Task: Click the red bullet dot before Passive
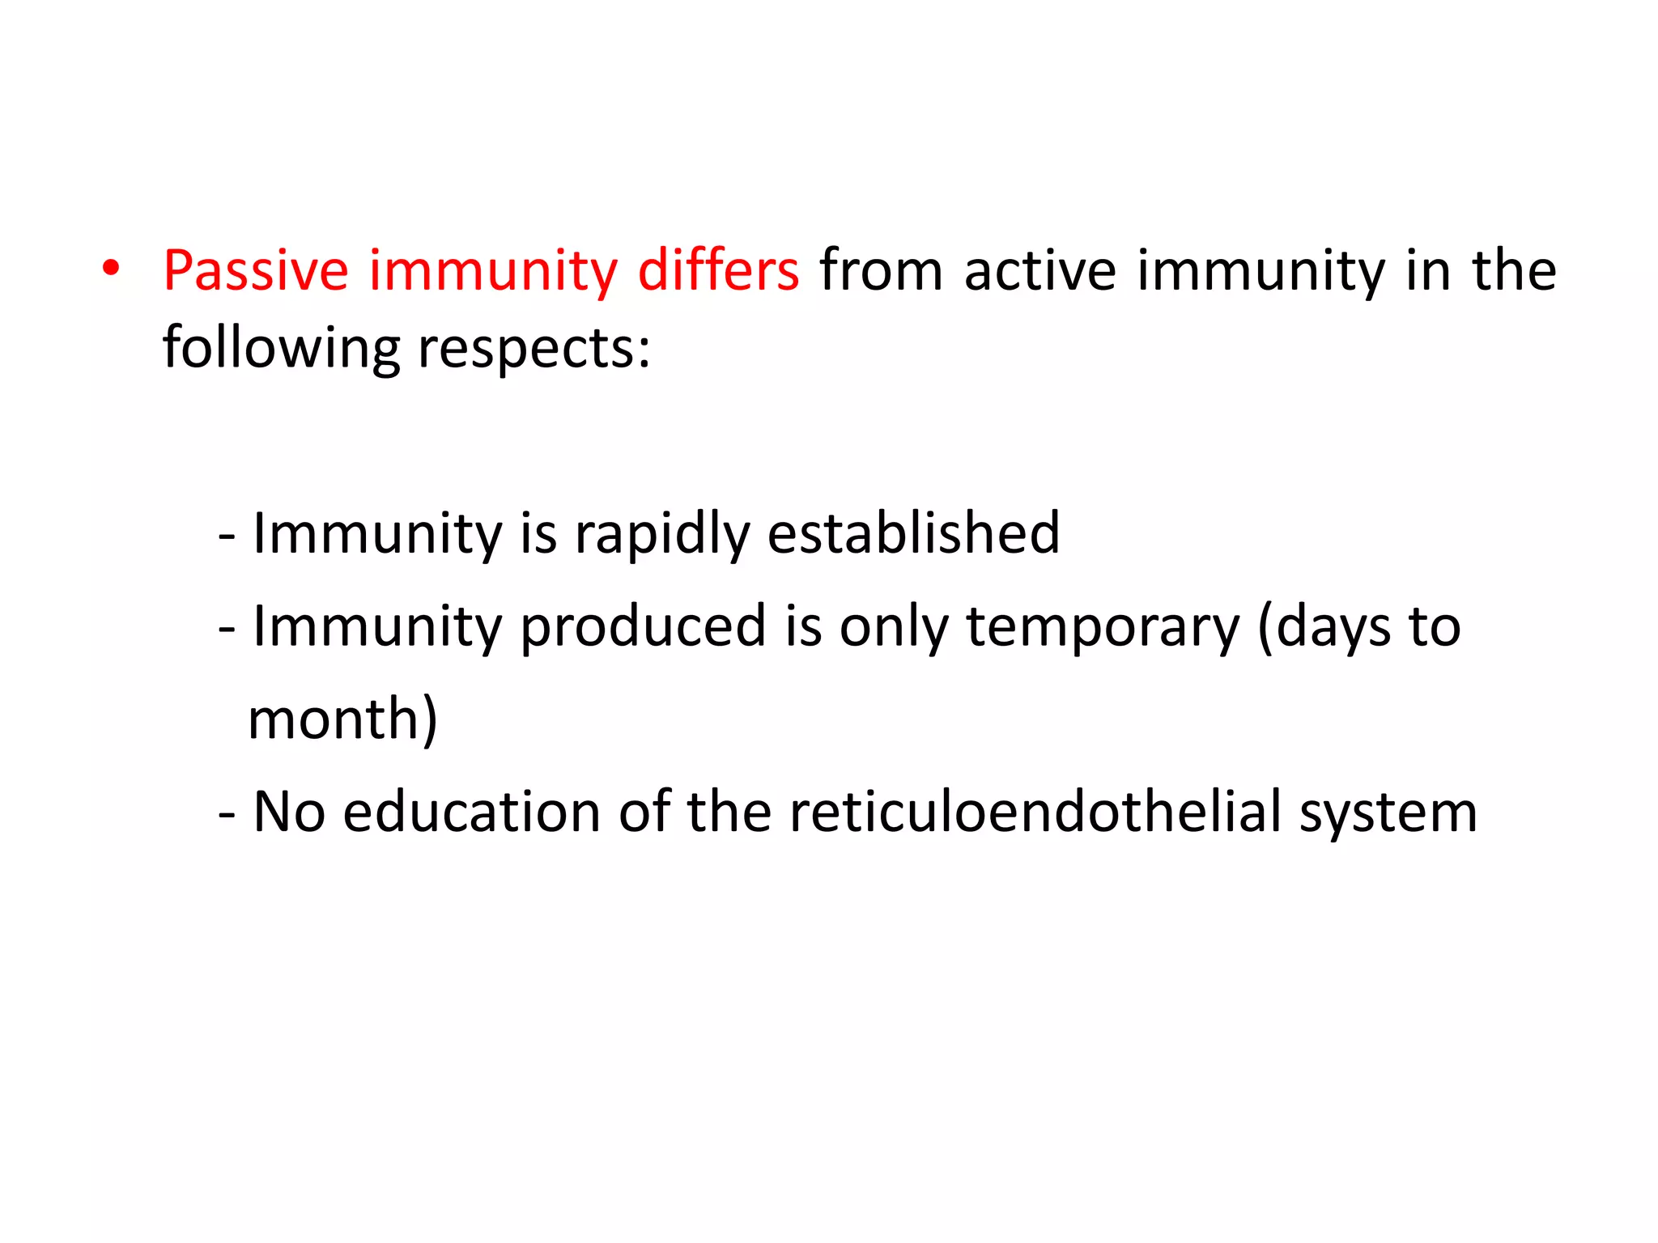[111, 269]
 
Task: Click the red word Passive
[256, 271]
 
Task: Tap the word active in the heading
[1040, 271]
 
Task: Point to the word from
[881, 271]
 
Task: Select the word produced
[642, 627]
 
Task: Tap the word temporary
[1103, 627]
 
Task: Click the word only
[893, 627]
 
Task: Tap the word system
[1388, 813]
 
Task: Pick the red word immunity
[493, 271]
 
